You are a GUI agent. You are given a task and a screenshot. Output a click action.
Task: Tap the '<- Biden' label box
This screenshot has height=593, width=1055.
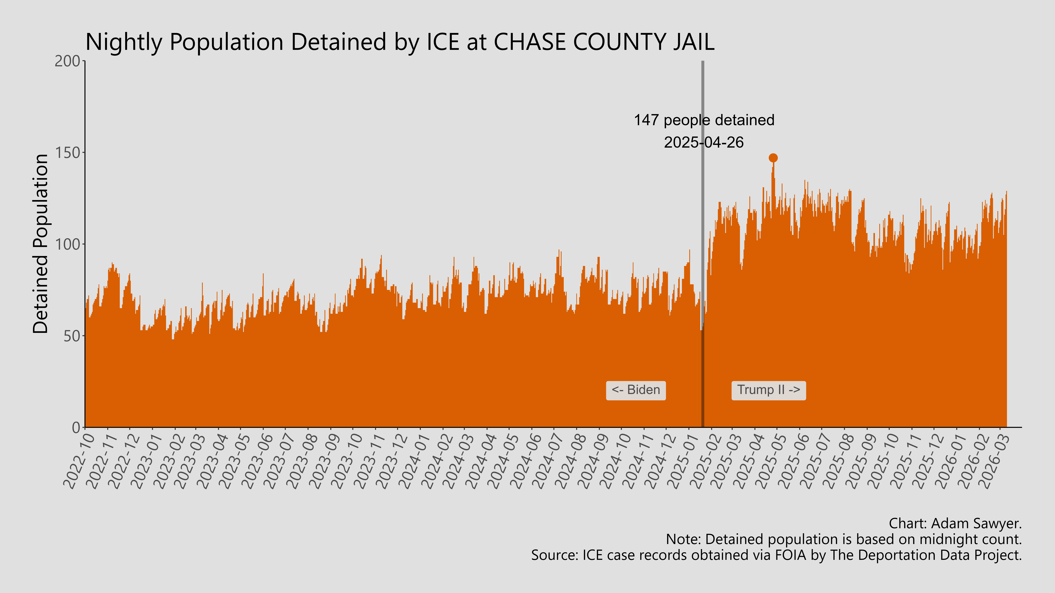tap(636, 390)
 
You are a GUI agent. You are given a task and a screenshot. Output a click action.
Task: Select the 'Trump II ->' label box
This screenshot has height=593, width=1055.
tap(768, 390)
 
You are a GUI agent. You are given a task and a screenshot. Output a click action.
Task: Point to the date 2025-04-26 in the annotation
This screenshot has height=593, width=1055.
tap(704, 142)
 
